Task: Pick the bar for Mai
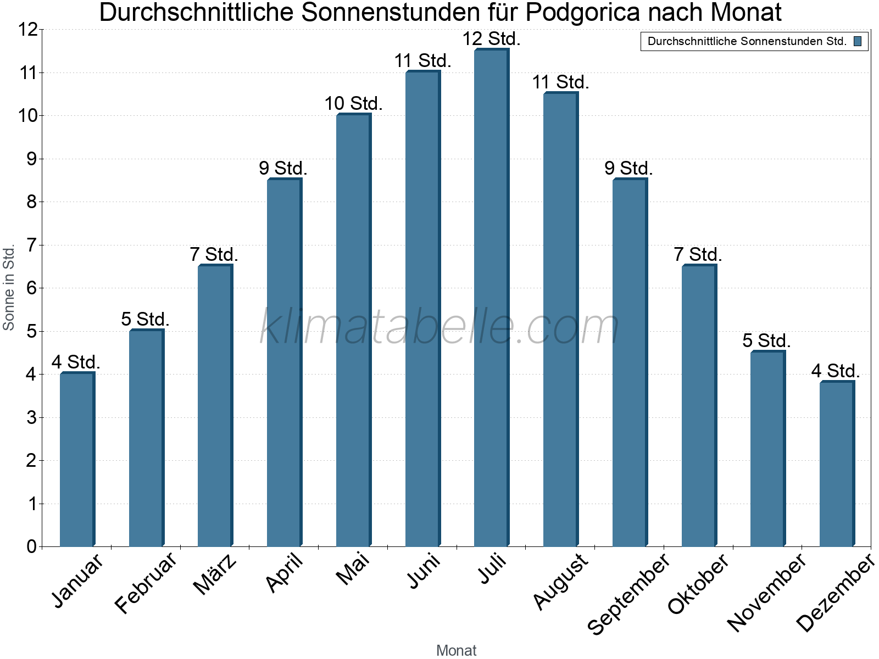click(353, 330)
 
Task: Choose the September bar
click(630, 362)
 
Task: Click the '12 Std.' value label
click(491, 39)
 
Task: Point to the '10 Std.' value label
click(353, 103)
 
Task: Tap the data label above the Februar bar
click(146, 319)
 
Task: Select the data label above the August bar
click(560, 82)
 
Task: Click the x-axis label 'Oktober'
click(698, 583)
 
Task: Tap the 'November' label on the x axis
click(766, 592)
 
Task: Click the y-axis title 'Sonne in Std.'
click(9, 287)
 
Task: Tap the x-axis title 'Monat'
click(456, 650)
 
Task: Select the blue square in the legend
click(858, 41)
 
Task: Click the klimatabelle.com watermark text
click(439, 327)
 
